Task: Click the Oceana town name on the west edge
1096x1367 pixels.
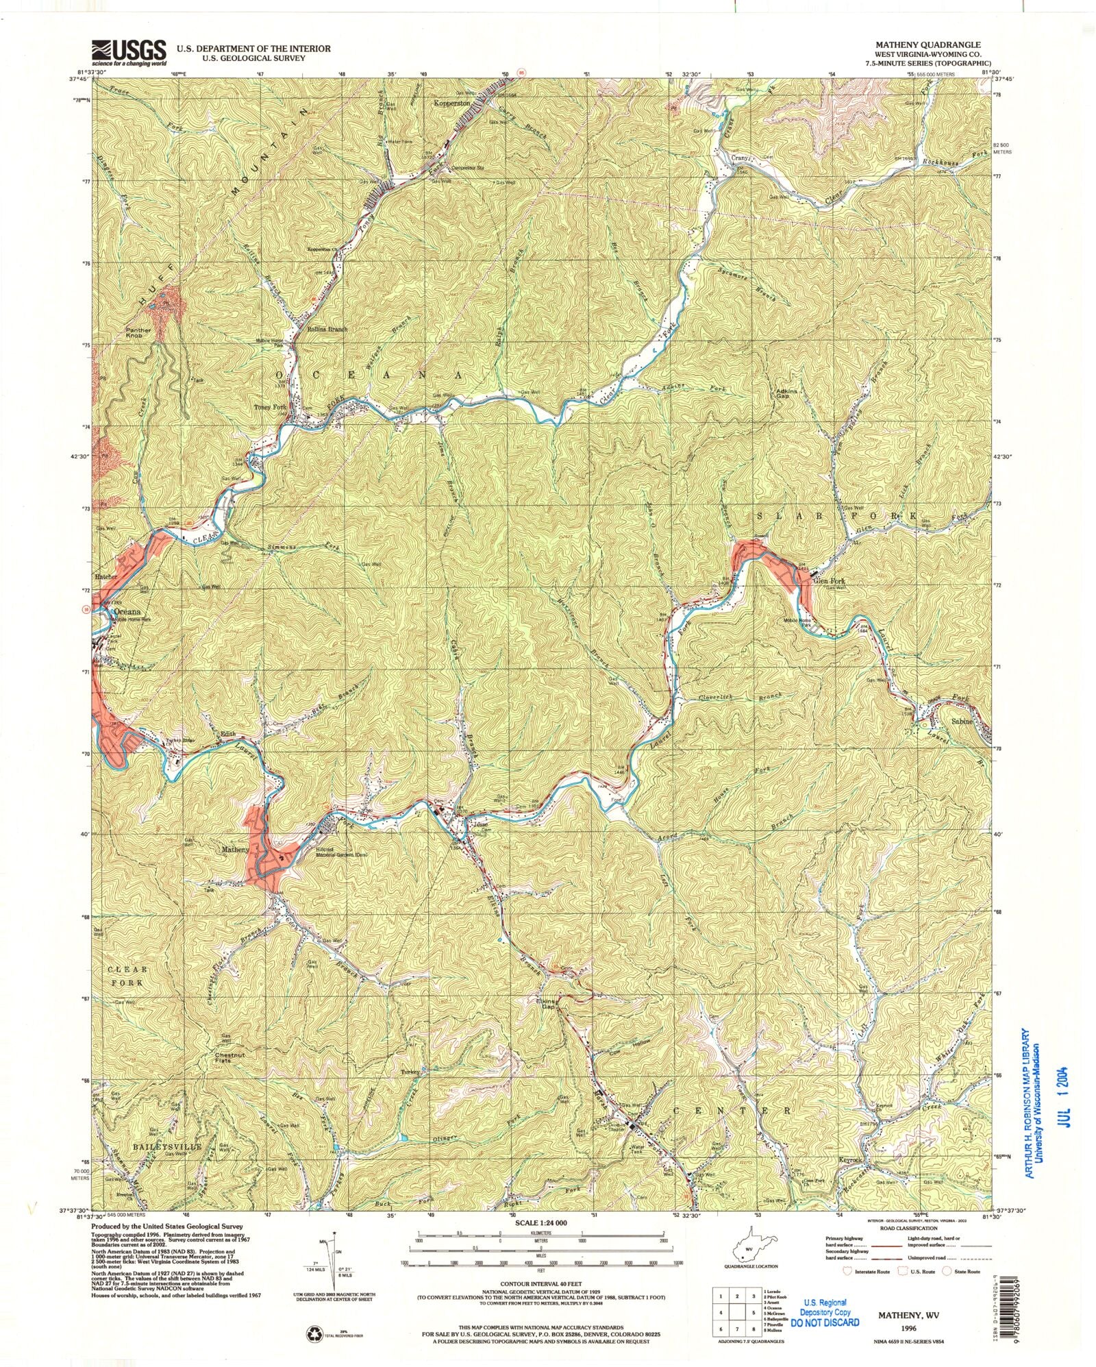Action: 127,611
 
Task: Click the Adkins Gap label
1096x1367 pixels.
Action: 784,396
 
